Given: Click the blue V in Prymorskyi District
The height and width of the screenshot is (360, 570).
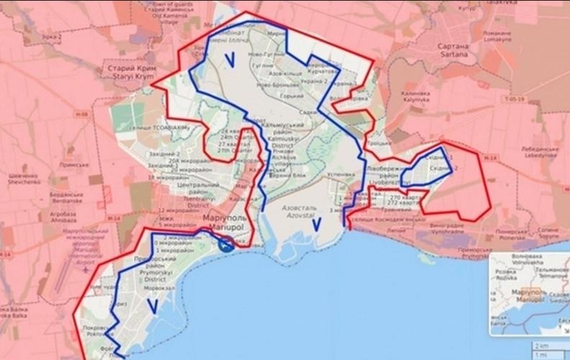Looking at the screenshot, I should pyautogui.click(x=152, y=305).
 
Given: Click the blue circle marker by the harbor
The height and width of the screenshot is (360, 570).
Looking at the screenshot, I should pyautogui.click(x=225, y=245).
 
